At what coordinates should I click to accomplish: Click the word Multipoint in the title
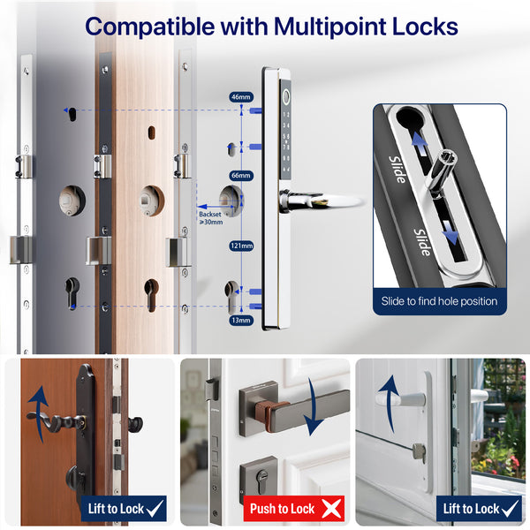coord(329,27)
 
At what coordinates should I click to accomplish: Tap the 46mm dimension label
coord(241,97)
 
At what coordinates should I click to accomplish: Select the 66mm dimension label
coord(241,176)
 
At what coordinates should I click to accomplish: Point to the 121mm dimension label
coord(241,246)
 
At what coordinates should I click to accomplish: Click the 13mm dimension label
coord(241,320)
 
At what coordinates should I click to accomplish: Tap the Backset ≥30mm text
coord(210,218)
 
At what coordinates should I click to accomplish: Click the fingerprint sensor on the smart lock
coord(286,97)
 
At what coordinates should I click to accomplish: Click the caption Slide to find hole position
coord(439,301)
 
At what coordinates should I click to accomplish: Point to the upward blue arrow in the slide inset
coord(419,143)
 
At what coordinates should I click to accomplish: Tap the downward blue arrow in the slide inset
coord(450,232)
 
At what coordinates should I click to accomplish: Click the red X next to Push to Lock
coord(331,509)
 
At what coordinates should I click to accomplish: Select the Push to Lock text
coord(283,509)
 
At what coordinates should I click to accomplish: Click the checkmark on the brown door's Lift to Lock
coord(155,508)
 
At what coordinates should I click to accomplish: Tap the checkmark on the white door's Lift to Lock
coord(510,508)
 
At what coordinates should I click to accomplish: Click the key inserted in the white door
coord(420,452)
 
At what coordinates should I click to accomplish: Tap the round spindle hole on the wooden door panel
coord(152,201)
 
